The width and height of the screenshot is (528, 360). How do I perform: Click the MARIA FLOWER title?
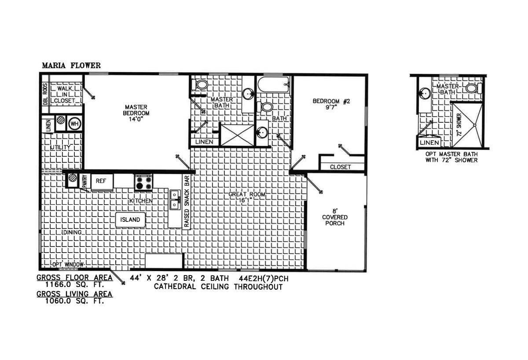click(x=71, y=66)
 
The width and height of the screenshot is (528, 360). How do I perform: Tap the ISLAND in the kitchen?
click(x=130, y=220)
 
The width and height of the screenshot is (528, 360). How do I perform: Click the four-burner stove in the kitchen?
click(x=143, y=182)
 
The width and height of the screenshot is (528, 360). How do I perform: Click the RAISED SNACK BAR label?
click(x=187, y=202)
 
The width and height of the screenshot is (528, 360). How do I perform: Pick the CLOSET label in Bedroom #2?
click(x=340, y=167)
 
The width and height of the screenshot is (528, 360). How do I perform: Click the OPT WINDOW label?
click(x=68, y=264)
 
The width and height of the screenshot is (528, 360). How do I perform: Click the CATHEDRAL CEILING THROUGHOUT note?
click(x=218, y=287)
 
